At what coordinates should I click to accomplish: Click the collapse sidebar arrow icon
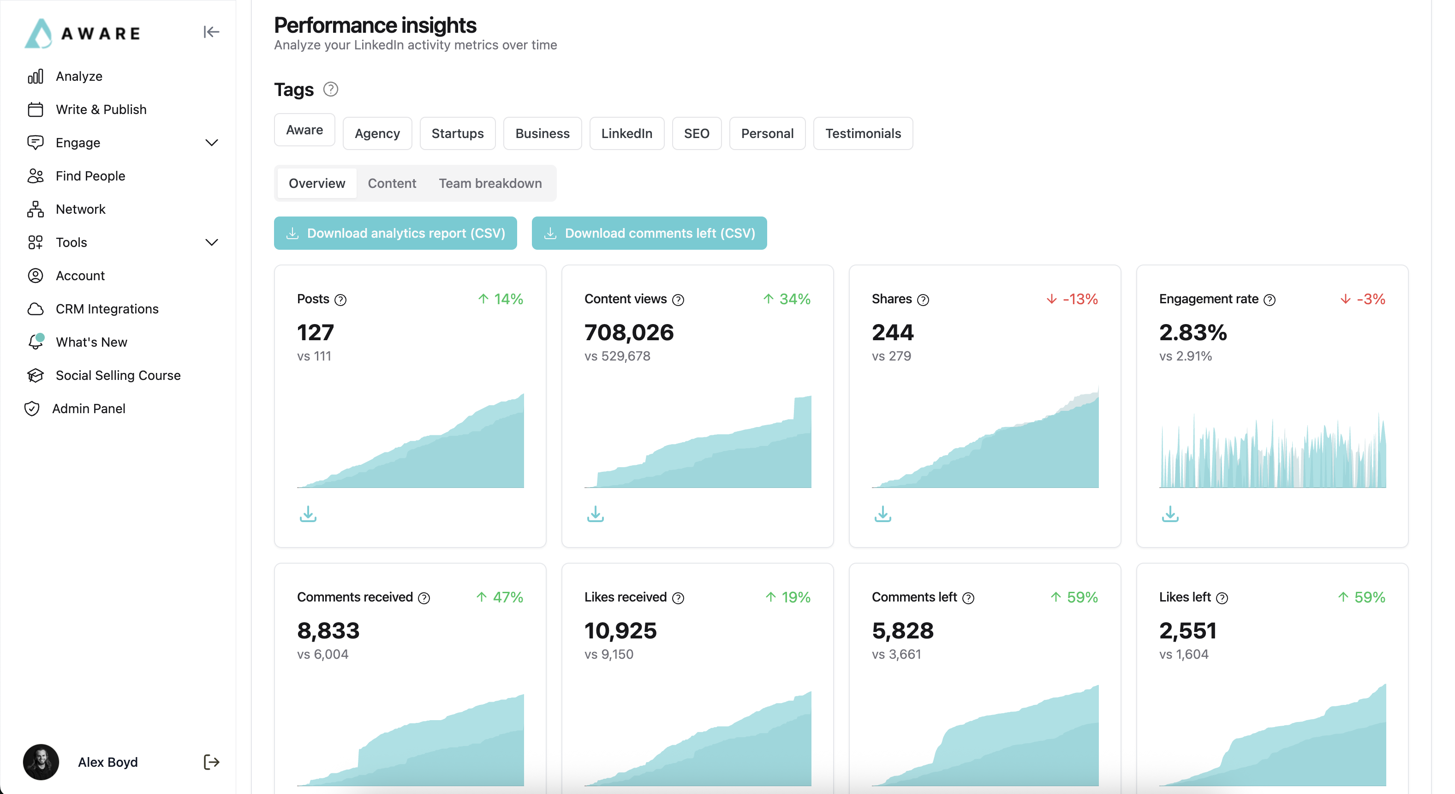pos(211,32)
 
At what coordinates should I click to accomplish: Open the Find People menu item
pos(90,176)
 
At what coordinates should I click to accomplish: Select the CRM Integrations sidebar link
pos(107,308)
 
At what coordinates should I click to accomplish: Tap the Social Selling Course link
pos(118,375)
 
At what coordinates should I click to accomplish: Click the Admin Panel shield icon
pos(32,409)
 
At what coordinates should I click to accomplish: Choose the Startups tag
pos(457,133)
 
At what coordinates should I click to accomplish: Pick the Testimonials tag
pos(863,133)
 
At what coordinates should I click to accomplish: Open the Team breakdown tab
pos(490,183)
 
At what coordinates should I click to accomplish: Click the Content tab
pos(391,183)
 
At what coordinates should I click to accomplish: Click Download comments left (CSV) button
pos(649,233)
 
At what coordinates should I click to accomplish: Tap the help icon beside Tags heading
pos(330,89)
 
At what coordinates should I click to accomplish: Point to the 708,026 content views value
pos(629,332)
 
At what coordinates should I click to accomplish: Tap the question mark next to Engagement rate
pos(1269,300)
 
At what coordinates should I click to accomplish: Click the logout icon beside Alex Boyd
pos(211,762)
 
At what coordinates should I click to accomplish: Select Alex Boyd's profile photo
pos(41,762)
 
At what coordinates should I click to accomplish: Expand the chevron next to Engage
pos(211,142)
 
